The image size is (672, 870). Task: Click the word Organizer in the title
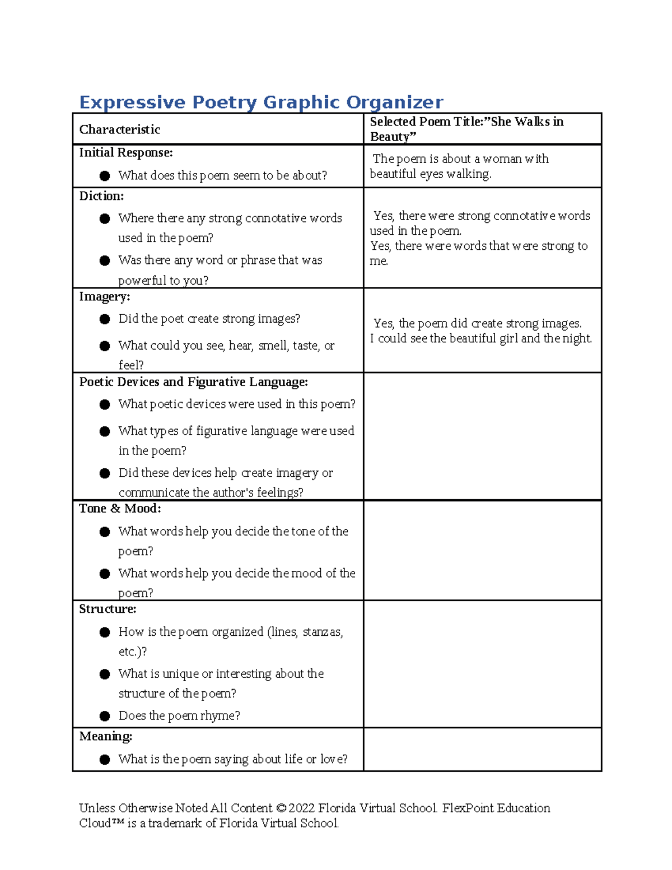tap(394, 103)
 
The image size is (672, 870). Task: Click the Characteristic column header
tap(119, 129)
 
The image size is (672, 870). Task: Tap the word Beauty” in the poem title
tap(393, 137)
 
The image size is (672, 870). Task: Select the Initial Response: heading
tap(125, 153)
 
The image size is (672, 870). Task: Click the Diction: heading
tap(101, 196)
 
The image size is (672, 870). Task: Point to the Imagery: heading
tap(104, 296)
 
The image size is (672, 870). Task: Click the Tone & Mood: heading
tap(120, 509)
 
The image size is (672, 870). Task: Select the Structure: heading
tap(108, 609)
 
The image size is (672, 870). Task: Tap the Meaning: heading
tap(105, 736)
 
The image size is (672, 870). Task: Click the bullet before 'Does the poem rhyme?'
tap(105, 716)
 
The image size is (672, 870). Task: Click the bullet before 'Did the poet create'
tap(105, 319)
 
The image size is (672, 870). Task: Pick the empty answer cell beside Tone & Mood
tap(482, 550)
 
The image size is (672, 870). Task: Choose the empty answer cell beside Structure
tap(482, 664)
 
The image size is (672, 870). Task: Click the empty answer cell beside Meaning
tap(482, 750)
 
